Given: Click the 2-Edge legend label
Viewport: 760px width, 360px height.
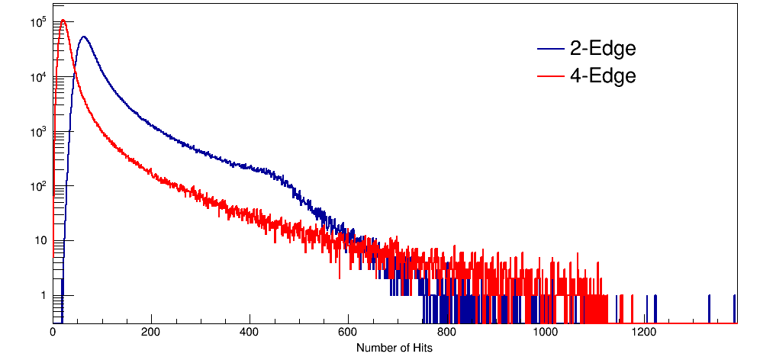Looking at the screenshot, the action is pos(603,49).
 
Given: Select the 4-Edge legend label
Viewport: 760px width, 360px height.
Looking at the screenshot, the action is pos(603,76).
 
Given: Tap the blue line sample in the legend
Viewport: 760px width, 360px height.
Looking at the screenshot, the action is pos(551,50).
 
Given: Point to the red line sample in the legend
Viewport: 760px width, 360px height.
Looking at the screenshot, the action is pos(551,76).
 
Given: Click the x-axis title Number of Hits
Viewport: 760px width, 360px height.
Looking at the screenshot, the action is pos(394,348).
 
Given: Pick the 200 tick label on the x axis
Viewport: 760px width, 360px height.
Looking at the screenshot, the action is pos(151,333).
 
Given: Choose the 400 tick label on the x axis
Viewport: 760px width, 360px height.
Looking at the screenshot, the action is pos(250,333).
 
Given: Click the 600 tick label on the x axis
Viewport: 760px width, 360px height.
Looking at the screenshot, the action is pos(348,333).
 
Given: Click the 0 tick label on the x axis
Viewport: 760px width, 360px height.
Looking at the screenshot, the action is pos(53,333).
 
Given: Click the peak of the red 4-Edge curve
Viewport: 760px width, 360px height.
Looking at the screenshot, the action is pos(63,20).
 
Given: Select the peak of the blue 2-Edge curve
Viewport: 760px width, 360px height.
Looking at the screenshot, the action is pos(83,37).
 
